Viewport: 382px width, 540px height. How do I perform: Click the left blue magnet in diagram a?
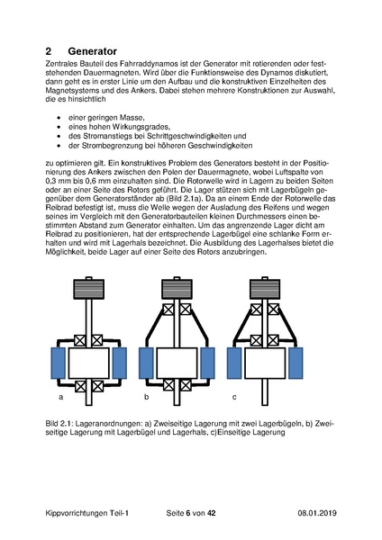click(59, 364)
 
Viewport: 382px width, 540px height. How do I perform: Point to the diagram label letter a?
click(59, 396)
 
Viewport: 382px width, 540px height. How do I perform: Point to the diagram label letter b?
click(147, 396)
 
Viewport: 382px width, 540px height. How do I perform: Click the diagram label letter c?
click(235, 396)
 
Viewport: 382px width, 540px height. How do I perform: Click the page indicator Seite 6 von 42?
click(191, 512)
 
